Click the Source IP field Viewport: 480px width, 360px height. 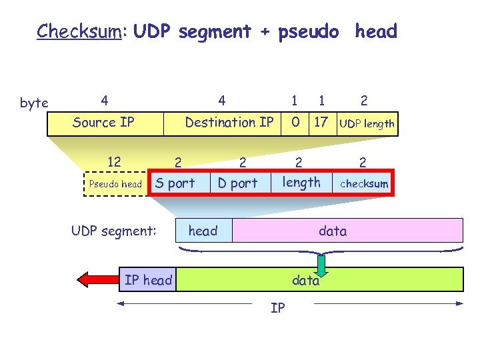104,123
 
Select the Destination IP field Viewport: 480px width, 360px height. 229,123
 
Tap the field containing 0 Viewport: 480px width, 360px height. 294,123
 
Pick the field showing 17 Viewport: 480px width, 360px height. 321,123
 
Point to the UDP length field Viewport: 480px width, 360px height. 367,123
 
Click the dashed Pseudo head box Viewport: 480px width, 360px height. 115,184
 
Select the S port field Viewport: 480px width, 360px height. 175,183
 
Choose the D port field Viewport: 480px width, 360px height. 237,183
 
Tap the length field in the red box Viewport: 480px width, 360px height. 301,183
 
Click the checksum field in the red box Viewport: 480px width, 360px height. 364,184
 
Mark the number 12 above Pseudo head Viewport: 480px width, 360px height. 114,161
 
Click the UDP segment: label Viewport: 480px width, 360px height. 114,231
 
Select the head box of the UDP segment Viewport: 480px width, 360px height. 203,231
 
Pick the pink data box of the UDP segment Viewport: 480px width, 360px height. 347,231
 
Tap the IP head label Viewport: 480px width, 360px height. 148,280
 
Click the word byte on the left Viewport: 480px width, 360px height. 34,103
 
